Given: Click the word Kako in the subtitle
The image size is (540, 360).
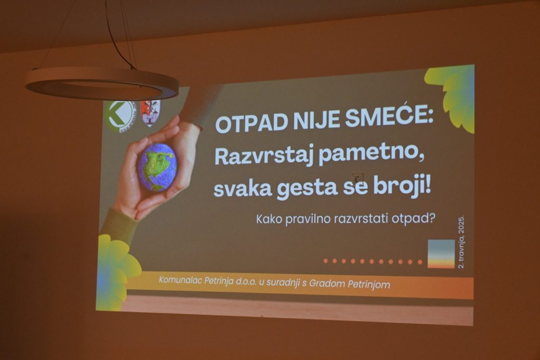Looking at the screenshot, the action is point(269,219).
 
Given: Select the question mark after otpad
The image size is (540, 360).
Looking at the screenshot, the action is point(432,218).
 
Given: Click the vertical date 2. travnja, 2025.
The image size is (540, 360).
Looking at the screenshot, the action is point(461,242).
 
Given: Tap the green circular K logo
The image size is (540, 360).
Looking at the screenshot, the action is point(120,116).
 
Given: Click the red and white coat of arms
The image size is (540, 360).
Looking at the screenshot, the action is point(150,113).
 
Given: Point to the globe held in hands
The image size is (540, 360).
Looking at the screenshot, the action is point(157,167).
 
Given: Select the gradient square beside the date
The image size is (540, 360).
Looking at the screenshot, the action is point(441,254).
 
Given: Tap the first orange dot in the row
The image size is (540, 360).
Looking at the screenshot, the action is point(325,261).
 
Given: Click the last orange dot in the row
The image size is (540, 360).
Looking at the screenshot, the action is point(420,262).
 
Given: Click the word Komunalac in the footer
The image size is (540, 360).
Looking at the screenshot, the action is point(180,280).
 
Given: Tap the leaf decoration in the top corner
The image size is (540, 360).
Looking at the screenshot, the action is point(452,97).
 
